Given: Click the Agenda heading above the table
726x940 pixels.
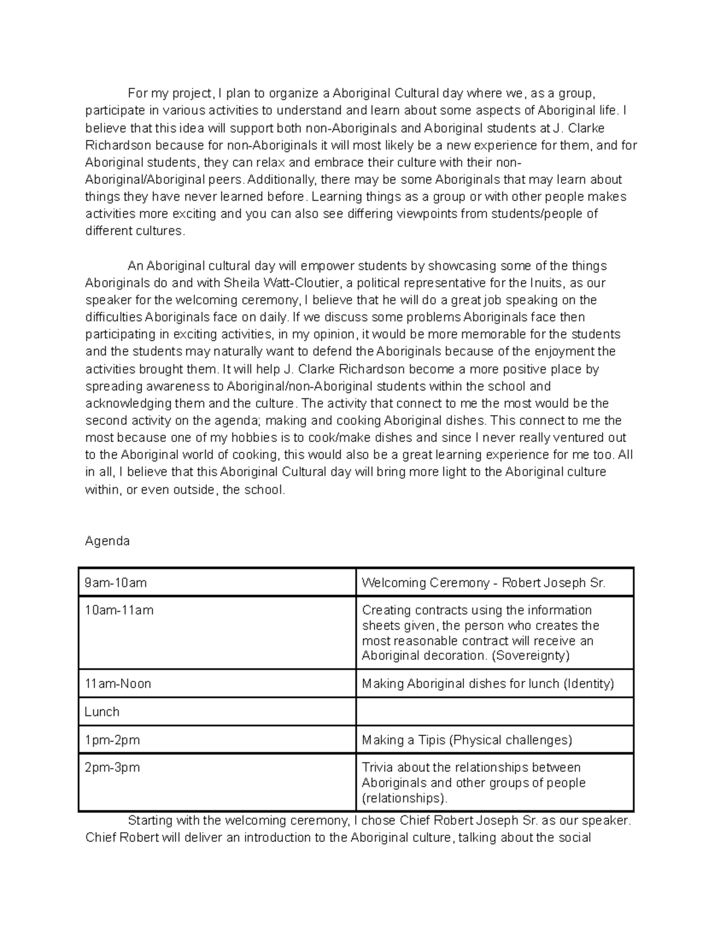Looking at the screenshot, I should [107, 541].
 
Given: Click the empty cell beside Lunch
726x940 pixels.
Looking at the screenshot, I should [494, 712].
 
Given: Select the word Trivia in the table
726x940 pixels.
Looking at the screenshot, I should [378, 767].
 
